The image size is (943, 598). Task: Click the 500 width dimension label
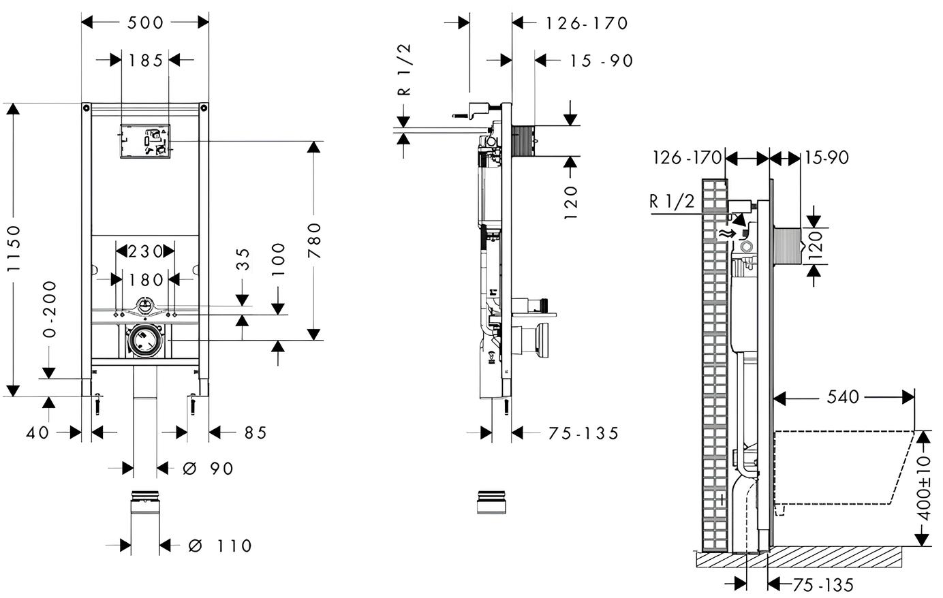[145, 22]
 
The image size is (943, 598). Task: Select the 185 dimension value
[145, 61]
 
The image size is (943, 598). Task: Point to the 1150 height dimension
[14, 249]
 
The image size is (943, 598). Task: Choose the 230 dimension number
[144, 251]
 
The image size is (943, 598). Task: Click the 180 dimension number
[144, 279]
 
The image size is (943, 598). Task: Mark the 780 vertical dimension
[314, 240]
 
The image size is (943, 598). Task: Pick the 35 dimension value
[243, 259]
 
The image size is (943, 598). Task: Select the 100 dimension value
[278, 259]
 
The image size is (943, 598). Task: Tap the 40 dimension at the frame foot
[37, 432]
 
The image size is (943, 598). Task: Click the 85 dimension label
[256, 432]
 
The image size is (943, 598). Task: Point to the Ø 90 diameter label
[208, 469]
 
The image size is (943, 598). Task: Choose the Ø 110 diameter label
[220, 546]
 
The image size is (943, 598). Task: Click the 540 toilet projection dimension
[843, 396]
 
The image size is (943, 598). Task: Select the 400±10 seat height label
[924, 488]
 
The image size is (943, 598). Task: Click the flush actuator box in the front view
[145, 141]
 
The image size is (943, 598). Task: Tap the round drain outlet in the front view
[144, 341]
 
